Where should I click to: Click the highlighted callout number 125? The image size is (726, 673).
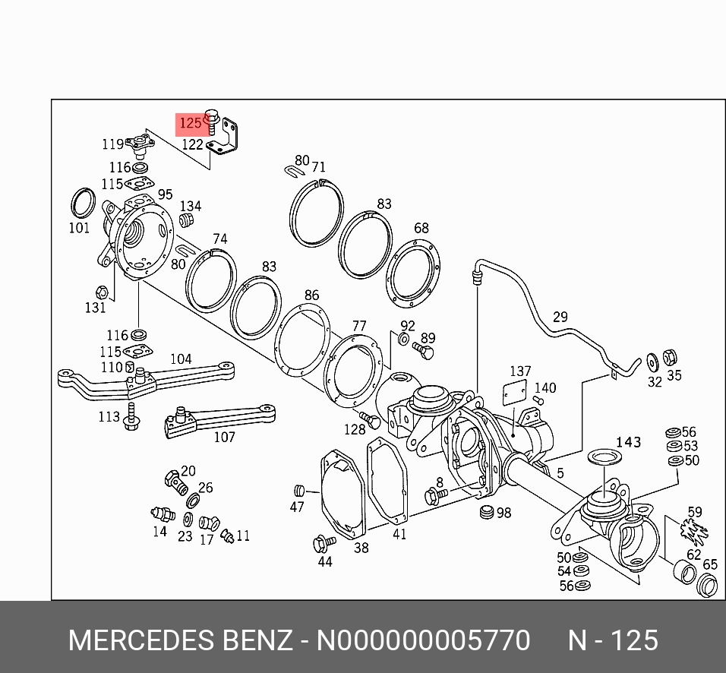click(190, 122)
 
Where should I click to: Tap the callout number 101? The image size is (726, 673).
click(80, 227)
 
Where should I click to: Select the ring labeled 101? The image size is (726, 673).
click(83, 202)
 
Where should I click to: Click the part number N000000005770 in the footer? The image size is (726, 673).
click(423, 640)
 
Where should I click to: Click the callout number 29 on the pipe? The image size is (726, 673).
click(560, 317)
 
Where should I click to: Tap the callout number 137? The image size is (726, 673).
click(520, 371)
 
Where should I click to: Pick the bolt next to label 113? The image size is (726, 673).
click(133, 417)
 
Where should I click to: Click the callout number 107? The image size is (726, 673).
click(224, 437)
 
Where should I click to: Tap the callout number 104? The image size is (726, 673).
click(181, 359)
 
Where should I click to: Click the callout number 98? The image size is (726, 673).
click(503, 513)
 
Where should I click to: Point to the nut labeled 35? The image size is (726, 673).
click(670, 357)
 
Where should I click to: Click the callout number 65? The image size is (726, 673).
click(710, 564)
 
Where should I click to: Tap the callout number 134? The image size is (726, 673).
click(191, 206)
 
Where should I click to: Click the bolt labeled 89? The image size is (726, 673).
click(423, 350)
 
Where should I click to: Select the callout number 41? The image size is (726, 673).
click(399, 534)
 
